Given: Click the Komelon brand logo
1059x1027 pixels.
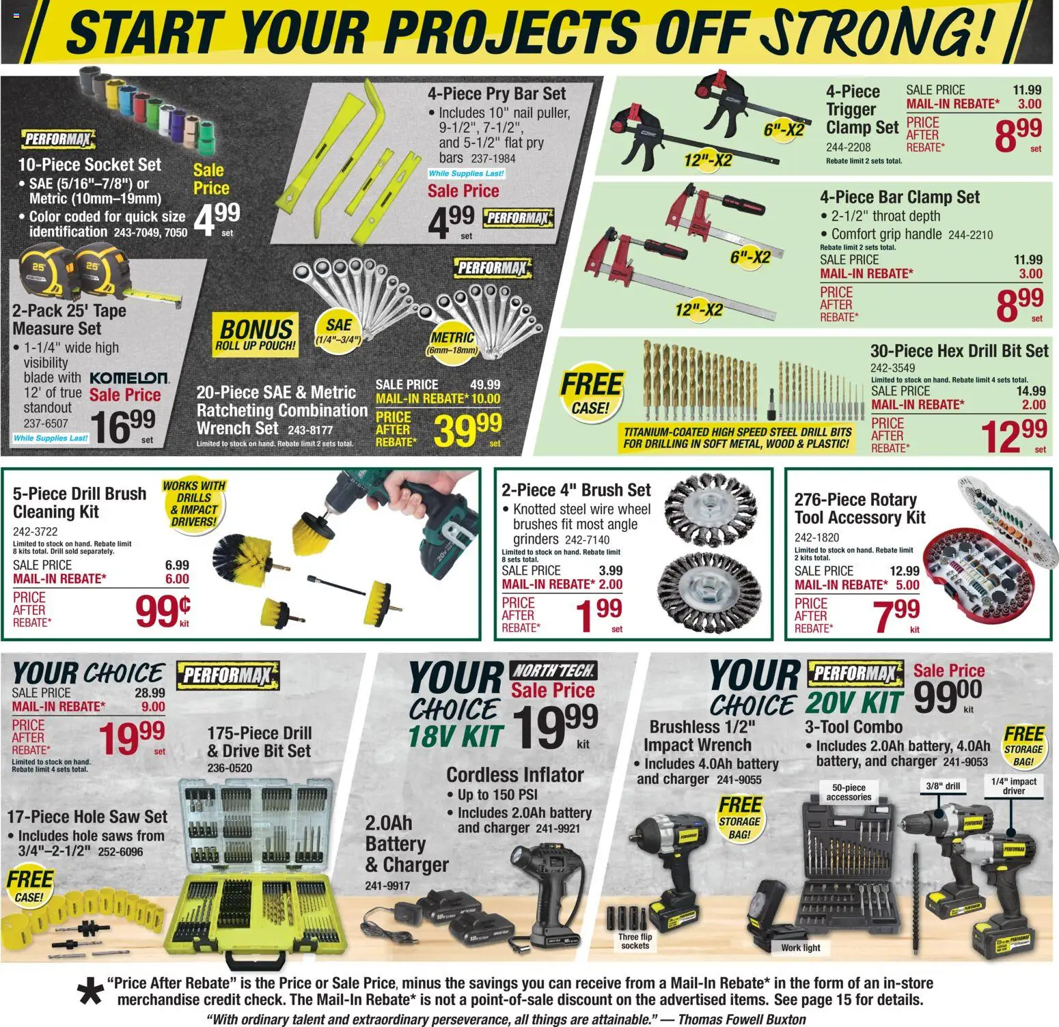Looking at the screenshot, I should point(129,378).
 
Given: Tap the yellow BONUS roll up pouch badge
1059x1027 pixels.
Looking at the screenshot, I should point(256,335).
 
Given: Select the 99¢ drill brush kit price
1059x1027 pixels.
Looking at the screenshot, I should point(163,610).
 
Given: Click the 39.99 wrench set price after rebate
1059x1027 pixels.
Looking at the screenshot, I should point(467,430).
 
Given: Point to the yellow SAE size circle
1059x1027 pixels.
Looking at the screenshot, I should point(339,330).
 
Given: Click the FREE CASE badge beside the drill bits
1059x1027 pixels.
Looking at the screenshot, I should point(591,393).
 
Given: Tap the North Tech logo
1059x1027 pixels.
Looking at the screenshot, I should point(554,671).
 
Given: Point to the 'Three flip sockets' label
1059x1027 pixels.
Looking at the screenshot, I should point(635,941).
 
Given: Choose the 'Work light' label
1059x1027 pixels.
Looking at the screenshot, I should point(801,948).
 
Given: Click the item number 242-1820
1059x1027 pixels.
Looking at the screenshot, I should point(816,537).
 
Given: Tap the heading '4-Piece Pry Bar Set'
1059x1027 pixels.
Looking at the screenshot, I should point(497,94).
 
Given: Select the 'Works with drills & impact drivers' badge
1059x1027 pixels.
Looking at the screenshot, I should point(194,503).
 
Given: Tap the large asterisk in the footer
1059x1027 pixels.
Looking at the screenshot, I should point(90,992).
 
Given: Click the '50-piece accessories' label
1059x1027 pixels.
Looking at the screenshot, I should point(849,792).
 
